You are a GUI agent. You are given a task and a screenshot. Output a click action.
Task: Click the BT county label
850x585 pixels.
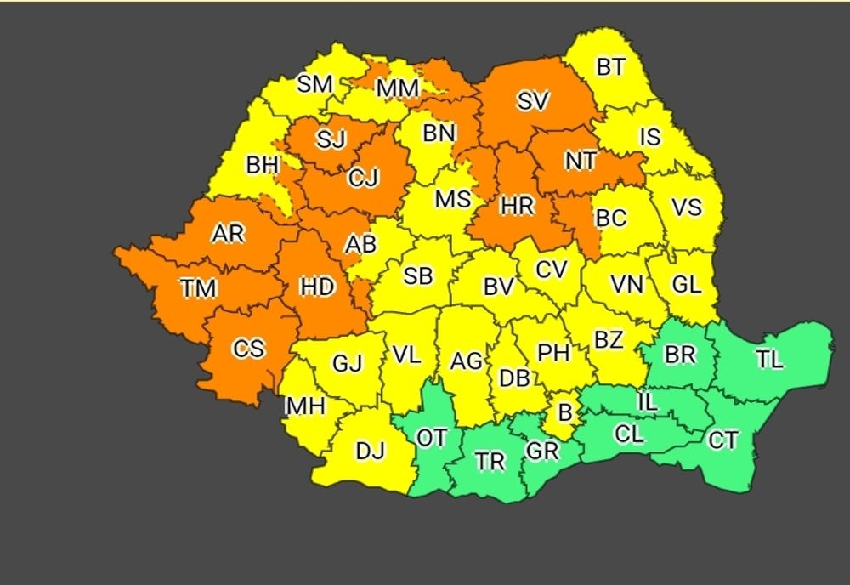[610, 68]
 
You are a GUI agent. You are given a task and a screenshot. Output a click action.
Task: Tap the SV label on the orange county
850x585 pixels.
[534, 101]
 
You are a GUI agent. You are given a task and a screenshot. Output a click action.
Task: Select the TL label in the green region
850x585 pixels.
[769, 359]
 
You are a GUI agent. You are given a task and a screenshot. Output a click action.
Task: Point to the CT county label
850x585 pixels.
[723, 440]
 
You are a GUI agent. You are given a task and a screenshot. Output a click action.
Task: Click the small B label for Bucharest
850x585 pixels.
[564, 414]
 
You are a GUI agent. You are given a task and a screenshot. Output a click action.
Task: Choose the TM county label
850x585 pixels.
[198, 289]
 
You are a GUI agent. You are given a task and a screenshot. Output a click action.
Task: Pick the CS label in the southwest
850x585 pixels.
[248, 349]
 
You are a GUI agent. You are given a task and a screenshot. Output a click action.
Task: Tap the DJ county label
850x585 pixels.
[371, 452]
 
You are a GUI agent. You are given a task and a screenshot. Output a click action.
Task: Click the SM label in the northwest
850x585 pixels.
[314, 84]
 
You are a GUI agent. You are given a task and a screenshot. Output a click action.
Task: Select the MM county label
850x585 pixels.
[398, 88]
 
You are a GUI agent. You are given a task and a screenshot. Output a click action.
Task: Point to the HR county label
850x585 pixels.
[517, 205]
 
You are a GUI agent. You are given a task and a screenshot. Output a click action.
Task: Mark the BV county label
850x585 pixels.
[499, 287]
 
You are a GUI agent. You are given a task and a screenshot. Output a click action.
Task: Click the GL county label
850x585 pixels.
[686, 285]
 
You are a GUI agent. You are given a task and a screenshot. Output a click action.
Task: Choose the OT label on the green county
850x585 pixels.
[431, 438]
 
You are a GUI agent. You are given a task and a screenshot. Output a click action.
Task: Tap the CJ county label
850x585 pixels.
[363, 179]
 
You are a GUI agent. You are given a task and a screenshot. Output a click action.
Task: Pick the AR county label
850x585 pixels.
[228, 233]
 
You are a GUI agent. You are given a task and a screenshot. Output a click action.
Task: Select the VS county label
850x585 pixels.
[687, 207]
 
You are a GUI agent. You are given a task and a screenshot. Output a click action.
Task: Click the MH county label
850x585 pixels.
[305, 406]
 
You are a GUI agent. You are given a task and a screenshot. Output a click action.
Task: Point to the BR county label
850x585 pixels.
[680, 355]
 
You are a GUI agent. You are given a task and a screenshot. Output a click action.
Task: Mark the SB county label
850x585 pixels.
[417, 276]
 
